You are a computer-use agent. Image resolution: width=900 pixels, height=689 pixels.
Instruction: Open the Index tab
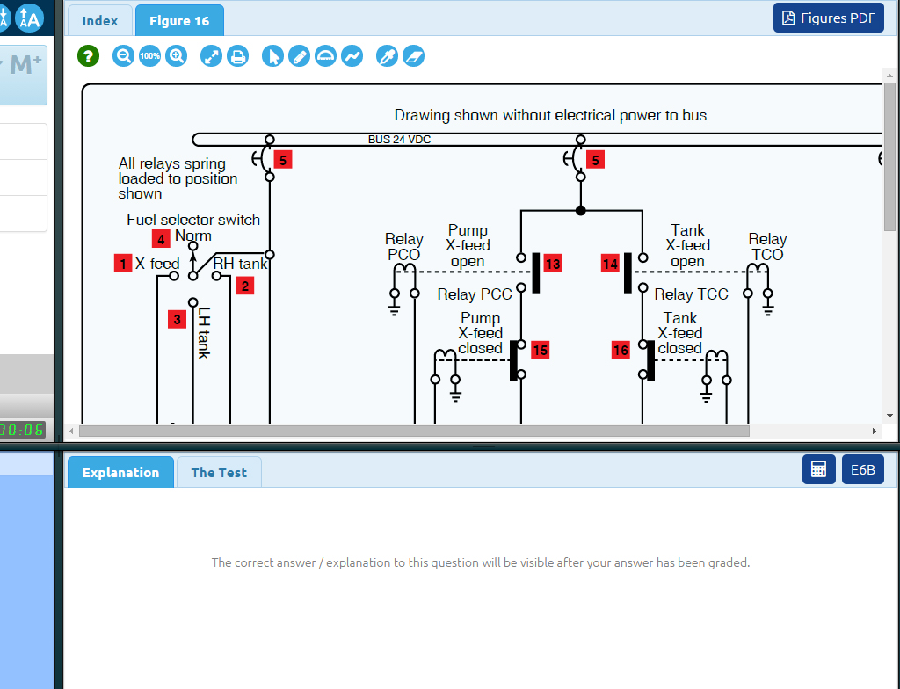99,20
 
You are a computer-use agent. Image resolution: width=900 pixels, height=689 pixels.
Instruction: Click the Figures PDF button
828,18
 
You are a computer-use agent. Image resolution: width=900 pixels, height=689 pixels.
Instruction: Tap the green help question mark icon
88,56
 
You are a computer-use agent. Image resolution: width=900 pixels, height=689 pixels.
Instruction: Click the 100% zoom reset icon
150,56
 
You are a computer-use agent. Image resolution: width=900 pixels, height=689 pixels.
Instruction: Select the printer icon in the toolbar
237,56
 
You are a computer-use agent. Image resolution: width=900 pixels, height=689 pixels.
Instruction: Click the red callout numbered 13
552,264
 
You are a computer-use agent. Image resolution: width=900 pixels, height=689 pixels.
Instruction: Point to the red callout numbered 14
610,264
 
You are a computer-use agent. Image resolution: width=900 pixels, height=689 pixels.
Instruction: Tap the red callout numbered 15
540,351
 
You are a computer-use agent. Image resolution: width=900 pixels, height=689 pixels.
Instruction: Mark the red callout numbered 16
621,351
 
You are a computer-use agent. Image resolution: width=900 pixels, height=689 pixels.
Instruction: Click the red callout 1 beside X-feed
123,263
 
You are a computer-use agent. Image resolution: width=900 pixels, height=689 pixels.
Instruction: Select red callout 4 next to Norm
161,238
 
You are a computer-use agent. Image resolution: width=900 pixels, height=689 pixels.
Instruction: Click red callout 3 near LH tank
178,319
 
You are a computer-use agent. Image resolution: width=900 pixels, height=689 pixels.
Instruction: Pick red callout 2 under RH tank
245,286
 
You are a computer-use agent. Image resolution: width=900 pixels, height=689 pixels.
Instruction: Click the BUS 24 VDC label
399,140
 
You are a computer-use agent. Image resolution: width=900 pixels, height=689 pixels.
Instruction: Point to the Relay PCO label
403,247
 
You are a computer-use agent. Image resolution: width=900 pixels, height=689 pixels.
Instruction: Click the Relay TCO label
766,247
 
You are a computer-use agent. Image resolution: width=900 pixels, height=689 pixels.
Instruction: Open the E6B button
863,469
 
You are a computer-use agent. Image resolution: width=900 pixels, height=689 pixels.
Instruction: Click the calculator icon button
818,469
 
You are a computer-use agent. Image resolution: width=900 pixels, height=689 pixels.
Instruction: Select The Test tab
220,472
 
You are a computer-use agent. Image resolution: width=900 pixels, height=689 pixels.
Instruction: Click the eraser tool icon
413,56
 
